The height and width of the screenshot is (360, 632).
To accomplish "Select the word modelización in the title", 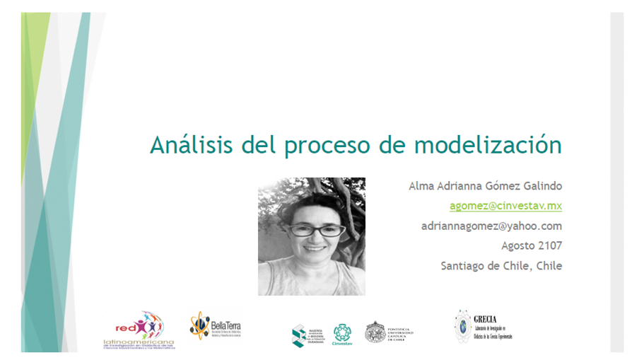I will click(x=488, y=145).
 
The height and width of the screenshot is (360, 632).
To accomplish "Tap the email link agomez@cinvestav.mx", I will click(x=505, y=206).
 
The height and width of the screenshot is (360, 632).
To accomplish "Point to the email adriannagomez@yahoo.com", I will click(x=491, y=226).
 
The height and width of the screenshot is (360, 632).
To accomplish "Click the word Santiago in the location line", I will click(x=467, y=267).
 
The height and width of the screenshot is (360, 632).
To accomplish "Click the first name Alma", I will click(x=423, y=186).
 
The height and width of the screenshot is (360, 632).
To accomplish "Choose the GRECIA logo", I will click(x=464, y=326).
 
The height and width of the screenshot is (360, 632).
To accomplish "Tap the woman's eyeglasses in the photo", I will click(x=316, y=230).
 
